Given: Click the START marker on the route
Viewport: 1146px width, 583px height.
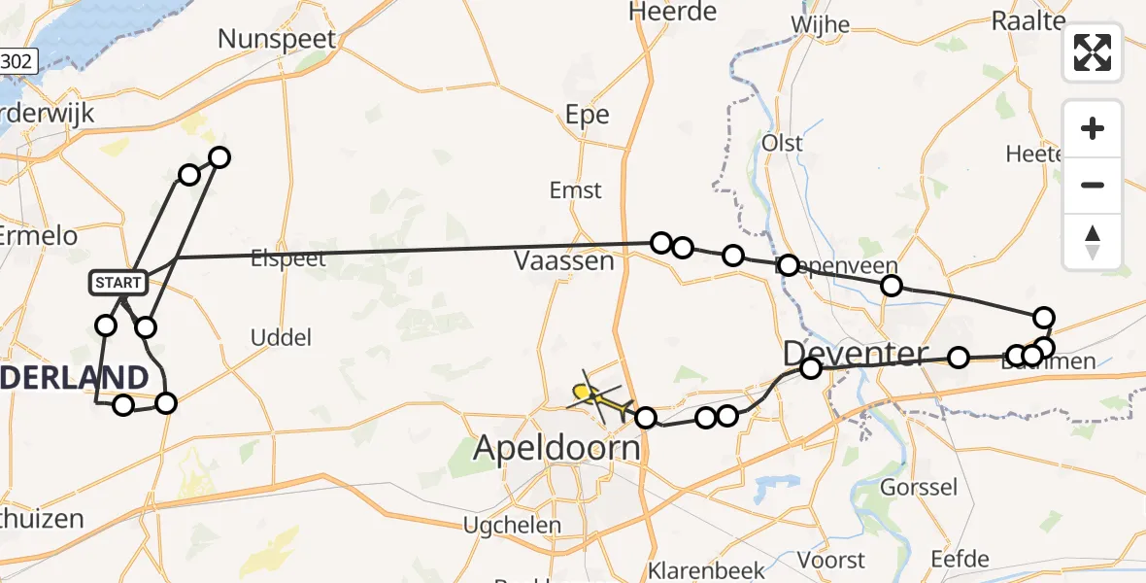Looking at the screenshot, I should pyautogui.click(x=118, y=283).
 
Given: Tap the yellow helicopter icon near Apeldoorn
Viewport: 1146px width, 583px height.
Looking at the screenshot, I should pyautogui.click(x=597, y=396).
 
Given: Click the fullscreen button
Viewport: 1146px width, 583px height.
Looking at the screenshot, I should pyautogui.click(x=1093, y=51).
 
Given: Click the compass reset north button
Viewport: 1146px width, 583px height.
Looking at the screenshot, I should pyautogui.click(x=1093, y=241).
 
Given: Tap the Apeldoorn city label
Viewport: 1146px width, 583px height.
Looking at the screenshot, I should pyautogui.click(x=557, y=448).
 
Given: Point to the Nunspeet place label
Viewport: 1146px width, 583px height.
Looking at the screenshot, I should pyautogui.click(x=277, y=39).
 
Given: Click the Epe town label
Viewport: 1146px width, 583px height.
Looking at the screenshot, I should pyautogui.click(x=588, y=115).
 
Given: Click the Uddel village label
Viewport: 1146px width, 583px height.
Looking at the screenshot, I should pyautogui.click(x=281, y=338).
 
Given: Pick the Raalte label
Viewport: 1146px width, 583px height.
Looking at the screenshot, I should pyautogui.click(x=1028, y=20).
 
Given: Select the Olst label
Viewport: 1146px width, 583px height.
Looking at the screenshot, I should pyautogui.click(x=783, y=143).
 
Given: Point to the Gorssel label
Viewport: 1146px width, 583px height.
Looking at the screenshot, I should pyautogui.click(x=919, y=487).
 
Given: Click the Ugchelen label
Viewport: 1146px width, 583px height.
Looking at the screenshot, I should pyautogui.click(x=512, y=526).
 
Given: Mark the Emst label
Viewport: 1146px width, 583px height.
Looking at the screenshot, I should pyautogui.click(x=576, y=190).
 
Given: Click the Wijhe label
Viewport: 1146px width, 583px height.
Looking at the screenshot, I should pyautogui.click(x=821, y=24).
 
